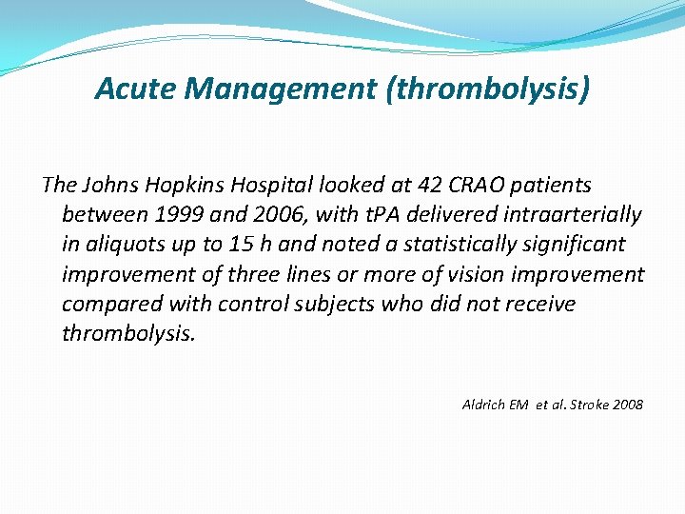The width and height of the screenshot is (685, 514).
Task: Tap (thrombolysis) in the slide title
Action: pos(489,89)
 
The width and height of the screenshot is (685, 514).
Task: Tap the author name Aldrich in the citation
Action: pos(484,405)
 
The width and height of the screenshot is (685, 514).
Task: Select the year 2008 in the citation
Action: pos(627,405)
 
